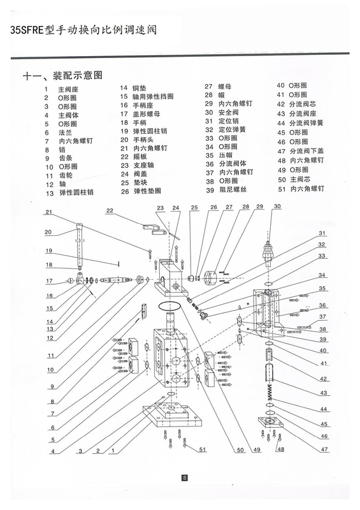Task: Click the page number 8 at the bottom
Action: click(x=184, y=477)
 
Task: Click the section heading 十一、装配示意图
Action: click(x=62, y=76)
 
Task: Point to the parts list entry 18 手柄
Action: click(x=133, y=122)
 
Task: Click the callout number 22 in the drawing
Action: click(x=110, y=210)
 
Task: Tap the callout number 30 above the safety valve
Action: click(x=277, y=206)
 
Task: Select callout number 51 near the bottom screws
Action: click(x=203, y=449)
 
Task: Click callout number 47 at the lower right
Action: click(x=324, y=449)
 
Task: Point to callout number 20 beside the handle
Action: click(x=48, y=232)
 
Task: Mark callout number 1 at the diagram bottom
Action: click(x=113, y=451)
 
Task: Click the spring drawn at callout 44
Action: click(x=270, y=392)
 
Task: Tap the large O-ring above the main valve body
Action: click(x=170, y=306)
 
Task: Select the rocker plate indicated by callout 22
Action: click(x=154, y=228)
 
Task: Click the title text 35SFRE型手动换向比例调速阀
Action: click(x=83, y=30)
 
